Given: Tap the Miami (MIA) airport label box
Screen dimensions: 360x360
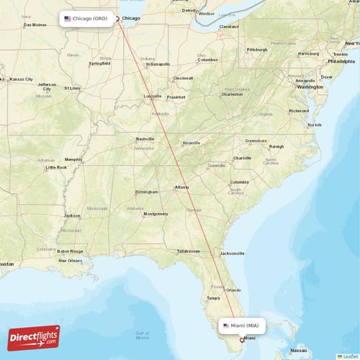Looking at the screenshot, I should (x=242, y=326).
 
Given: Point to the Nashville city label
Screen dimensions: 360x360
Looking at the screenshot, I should (x=145, y=139).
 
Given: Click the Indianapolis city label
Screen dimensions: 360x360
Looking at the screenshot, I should (x=158, y=64).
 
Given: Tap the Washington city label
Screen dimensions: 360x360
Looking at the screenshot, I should (x=310, y=86).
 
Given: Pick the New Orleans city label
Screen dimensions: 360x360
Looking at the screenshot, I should (x=71, y=260).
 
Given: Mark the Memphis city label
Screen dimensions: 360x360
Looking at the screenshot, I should (x=73, y=159).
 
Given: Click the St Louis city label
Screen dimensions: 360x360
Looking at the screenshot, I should (x=73, y=89).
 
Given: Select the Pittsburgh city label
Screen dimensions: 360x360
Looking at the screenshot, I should (x=256, y=50).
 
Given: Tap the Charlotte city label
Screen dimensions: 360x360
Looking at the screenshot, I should (x=242, y=158).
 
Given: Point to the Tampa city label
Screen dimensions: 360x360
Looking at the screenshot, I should (x=212, y=297).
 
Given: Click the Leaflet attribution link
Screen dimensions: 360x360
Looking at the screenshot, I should (x=348, y=356).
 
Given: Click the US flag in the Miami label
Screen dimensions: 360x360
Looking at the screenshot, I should (x=226, y=326).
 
